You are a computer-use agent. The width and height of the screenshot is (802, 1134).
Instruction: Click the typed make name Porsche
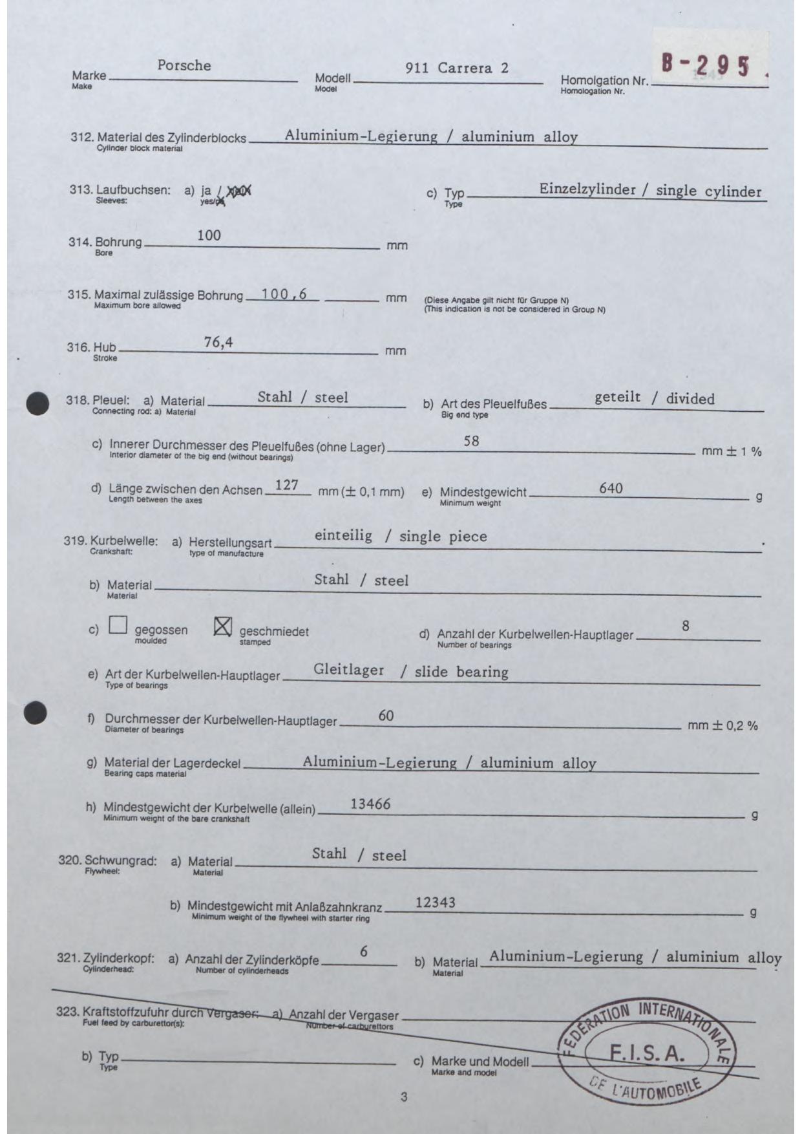point(184,66)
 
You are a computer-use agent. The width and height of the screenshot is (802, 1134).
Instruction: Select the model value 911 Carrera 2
point(457,69)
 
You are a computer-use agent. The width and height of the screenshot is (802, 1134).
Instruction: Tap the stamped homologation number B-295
point(706,65)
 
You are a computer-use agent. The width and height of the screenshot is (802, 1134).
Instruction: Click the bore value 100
point(209,236)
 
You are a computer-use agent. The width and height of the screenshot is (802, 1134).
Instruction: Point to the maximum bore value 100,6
point(284,295)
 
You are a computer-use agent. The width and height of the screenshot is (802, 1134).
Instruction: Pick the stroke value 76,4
point(218,343)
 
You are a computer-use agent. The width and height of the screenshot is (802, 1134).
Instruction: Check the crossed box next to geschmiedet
point(222,626)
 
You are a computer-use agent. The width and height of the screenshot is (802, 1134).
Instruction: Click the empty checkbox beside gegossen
point(118,625)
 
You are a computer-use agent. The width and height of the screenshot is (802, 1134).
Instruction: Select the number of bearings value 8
point(685,626)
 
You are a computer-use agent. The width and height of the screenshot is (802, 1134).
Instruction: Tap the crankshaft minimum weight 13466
point(370,804)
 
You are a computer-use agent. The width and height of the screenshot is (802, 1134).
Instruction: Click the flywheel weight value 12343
point(435,902)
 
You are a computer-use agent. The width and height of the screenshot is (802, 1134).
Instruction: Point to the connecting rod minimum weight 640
point(611,488)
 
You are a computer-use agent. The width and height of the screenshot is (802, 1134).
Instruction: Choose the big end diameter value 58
point(471,442)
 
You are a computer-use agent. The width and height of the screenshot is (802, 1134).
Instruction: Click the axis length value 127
point(286,485)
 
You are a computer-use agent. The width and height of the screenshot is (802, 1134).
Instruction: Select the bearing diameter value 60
point(386,716)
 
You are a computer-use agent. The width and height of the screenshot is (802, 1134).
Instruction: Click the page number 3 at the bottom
point(404,1097)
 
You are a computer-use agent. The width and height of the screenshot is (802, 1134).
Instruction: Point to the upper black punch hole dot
point(38,404)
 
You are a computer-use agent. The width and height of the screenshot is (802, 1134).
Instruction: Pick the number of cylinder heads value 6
point(364,952)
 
